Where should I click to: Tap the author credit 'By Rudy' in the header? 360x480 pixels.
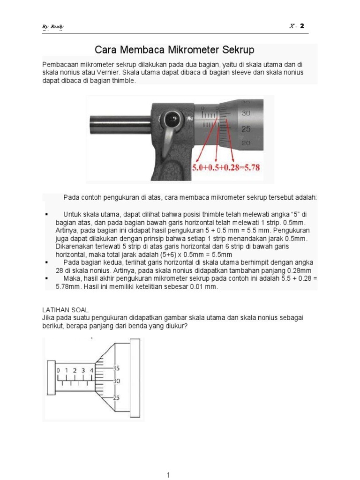point(53,26)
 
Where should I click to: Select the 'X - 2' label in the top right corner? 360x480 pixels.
point(296,26)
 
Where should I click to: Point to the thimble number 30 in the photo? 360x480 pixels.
point(246,113)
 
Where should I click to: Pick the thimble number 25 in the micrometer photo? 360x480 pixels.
point(246,129)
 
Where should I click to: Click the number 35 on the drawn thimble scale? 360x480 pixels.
point(116,368)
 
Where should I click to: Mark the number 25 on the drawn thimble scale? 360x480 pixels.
point(116,398)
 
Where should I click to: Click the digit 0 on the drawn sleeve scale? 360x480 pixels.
point(58,371)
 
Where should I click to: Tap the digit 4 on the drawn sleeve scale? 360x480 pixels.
point(92,371)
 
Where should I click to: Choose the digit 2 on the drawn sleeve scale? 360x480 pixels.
point(75,371)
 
